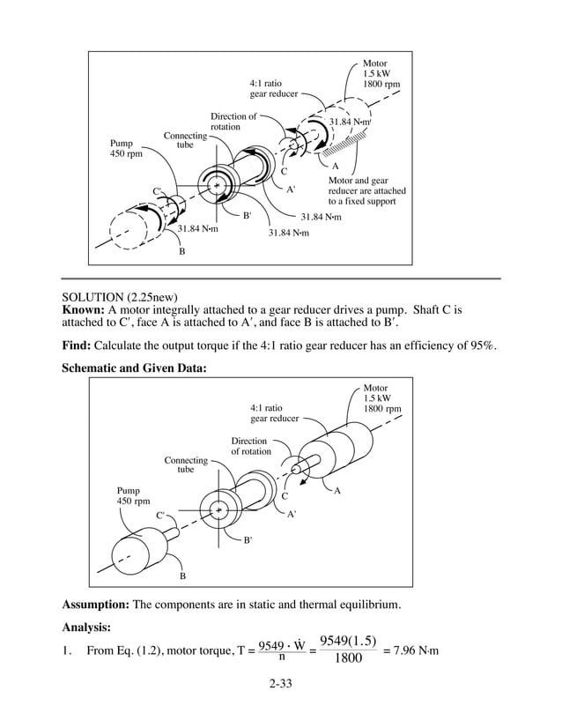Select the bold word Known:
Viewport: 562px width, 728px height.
[x=82, y=311]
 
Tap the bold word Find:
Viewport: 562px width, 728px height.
[x=76, y=345]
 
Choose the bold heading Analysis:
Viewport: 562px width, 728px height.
[x=85, y=628]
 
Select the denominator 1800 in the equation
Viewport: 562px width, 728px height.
[x=348, y=659]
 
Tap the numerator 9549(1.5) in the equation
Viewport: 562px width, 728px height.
[x=348, y=641]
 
